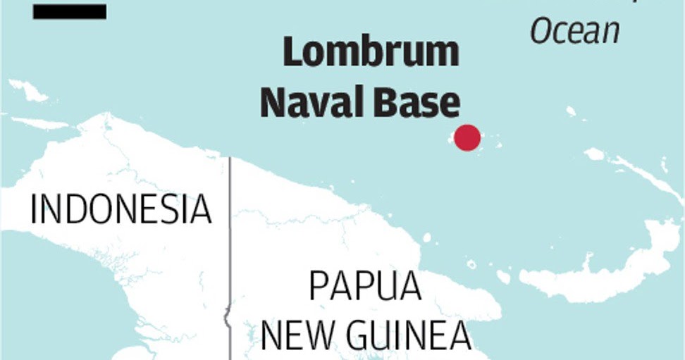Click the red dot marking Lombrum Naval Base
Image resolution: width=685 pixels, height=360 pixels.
(x=467, y=137)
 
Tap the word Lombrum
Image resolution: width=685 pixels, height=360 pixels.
(x=371, y=54)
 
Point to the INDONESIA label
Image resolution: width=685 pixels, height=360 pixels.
(x=121, y=209)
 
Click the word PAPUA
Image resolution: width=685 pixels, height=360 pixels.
(x=365, y=287)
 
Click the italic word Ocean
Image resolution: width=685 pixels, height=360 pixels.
(x=575, y=31)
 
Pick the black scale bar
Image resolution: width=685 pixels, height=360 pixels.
(x=69, y=11)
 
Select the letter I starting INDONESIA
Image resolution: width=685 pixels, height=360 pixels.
(x=34, y=209)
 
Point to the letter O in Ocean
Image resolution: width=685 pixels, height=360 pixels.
(x=543, y=31)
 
